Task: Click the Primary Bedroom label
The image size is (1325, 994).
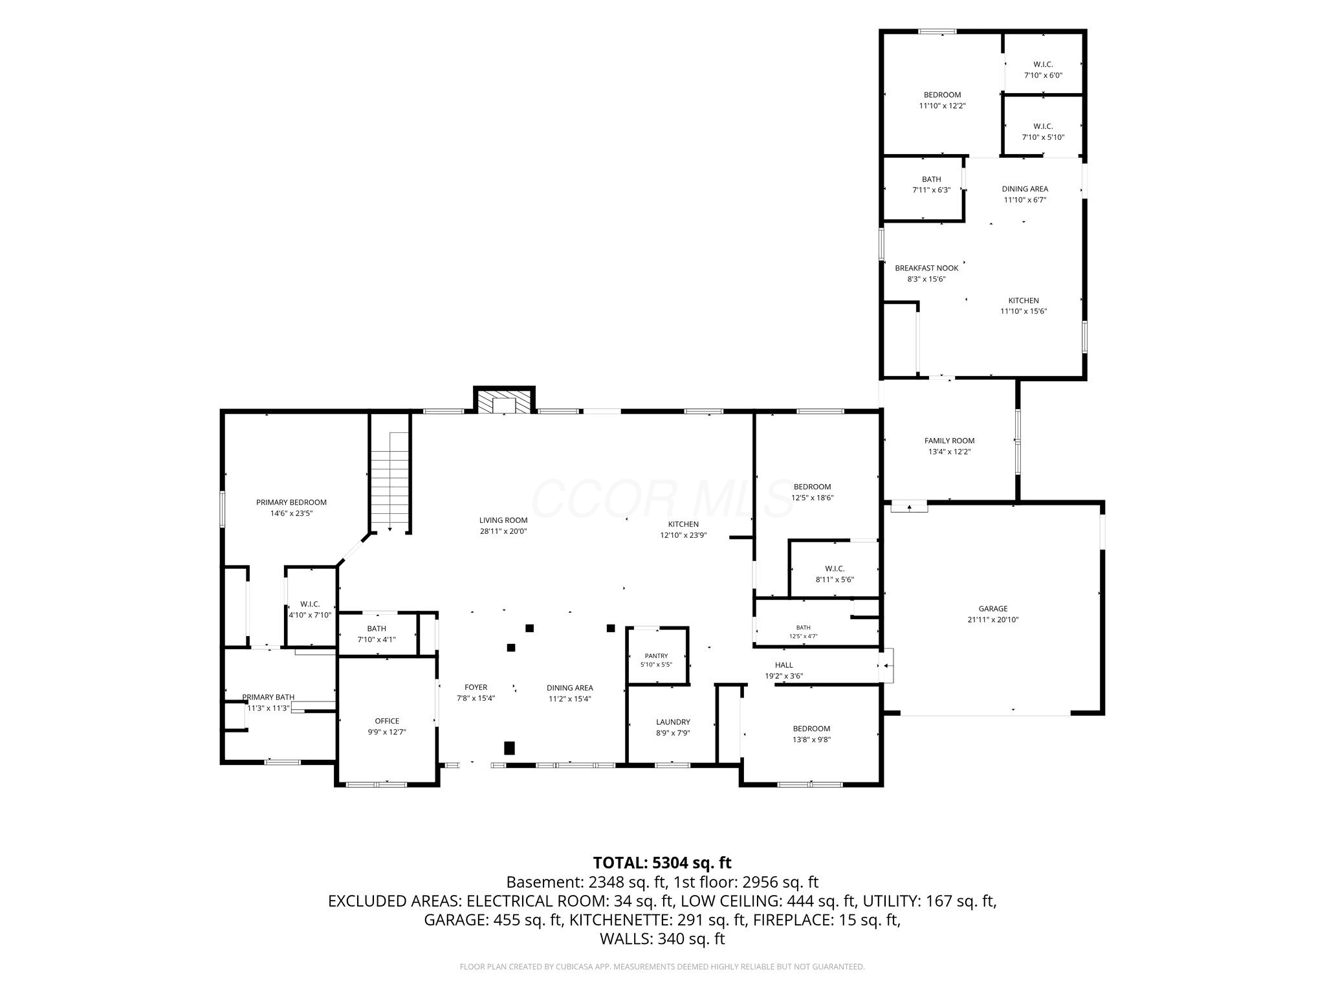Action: (291, 502)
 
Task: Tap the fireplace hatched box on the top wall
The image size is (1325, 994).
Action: (505, 400)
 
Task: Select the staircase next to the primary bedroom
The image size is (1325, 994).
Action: (390, 481)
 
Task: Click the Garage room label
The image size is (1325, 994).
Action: (992, 608)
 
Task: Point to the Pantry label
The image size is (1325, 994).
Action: (656, 656)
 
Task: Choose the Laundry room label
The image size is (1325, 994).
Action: (673, 722)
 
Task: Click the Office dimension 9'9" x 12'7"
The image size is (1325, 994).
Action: (387, 732)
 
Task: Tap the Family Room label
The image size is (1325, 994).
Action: (949, 441)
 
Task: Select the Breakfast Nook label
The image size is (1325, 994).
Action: (926, 268)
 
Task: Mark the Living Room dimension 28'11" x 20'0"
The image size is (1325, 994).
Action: (503, 531)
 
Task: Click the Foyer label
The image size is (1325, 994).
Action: (476, 687)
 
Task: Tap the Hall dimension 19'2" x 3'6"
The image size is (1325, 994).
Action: (784, 676)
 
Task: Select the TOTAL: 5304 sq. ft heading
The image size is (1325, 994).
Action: (662, 863)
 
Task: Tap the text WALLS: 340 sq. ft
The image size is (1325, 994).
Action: (662, 939)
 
